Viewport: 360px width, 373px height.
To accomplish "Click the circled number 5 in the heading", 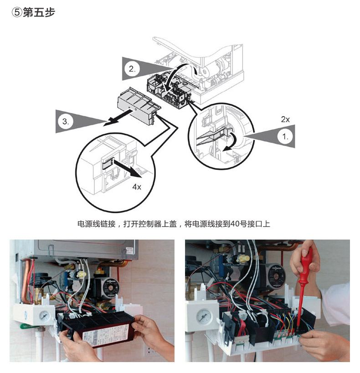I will point(16,13).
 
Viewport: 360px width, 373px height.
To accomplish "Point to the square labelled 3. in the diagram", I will point(66,122).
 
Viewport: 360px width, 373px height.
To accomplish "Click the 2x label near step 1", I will point(285,119).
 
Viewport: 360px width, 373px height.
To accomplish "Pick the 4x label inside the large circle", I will point(137,187).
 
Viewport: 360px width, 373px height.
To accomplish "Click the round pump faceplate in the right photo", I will point(275,277).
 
